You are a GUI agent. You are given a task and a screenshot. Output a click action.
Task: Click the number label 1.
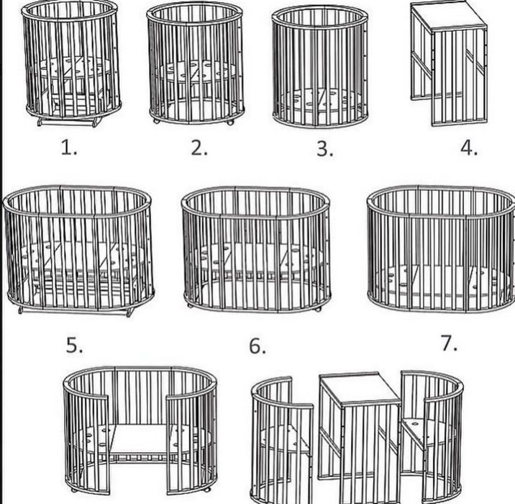click(69, 148)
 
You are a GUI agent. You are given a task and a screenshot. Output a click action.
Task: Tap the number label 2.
click(199, 148)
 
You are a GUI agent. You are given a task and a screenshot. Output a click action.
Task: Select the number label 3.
click(325, 148)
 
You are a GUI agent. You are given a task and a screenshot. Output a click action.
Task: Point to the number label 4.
click(469, 148)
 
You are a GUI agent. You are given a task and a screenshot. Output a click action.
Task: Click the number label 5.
click(75, 346)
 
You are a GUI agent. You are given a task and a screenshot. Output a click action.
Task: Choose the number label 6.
click(257, 346)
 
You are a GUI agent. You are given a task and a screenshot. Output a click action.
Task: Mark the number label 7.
click(449, 343)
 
